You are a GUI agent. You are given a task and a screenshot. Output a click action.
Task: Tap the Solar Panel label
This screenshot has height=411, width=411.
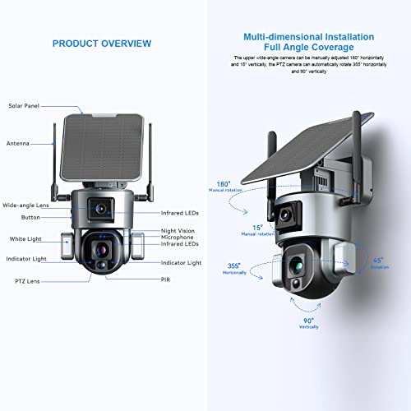[25, 106]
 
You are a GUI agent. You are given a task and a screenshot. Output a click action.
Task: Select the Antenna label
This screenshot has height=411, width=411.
[18, 143]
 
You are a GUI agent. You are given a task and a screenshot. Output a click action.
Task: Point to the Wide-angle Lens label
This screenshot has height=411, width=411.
[25, 205]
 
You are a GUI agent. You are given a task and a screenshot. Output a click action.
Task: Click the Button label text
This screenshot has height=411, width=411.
[30, 217]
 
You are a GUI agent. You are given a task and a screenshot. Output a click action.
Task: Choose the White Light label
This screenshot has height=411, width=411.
[25, 238]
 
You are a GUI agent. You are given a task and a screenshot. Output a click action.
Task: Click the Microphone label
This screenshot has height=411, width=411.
[180, 238]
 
